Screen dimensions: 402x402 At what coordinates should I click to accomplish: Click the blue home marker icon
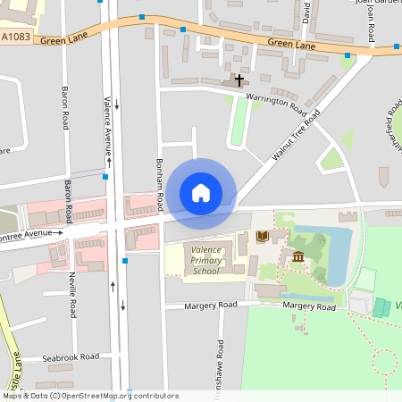(x=201, y=193)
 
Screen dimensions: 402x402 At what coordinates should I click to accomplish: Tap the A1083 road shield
(x=16, y=38)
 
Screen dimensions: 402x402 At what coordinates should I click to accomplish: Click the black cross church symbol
(x=239, y=80)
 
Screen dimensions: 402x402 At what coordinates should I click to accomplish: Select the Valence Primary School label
(x=205, y=259)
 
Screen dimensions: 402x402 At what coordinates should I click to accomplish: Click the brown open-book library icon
(x=262, y=237)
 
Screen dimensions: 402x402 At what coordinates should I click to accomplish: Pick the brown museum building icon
(x=297, y=257)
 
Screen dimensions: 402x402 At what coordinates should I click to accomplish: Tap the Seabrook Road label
(x=71, y=357)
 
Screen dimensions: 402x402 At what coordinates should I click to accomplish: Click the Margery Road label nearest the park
(x=309, y=306)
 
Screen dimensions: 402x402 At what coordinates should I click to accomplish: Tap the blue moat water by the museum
(x=336, y=250)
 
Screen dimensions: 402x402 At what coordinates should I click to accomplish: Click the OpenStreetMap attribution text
(x=89, y=396)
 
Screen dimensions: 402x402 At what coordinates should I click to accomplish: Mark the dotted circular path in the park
(x=385, y=362)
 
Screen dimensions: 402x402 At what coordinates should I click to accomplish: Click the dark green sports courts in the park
(x=381, y=307)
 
